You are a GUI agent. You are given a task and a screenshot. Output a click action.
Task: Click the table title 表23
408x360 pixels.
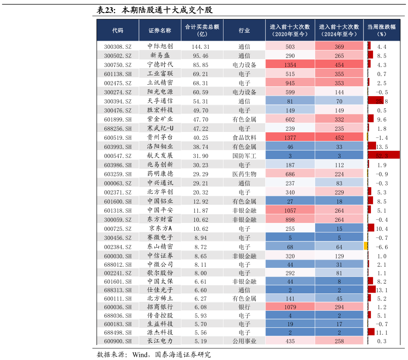coord(106,10)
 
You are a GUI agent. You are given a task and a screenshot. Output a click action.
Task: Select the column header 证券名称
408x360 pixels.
coord(160,30)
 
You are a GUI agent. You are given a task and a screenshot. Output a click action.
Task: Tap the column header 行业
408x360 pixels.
coord(244,30)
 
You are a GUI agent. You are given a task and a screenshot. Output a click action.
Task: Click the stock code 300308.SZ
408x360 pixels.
coord(118,47)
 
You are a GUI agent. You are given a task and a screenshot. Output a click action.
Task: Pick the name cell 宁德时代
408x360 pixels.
coord(160,65)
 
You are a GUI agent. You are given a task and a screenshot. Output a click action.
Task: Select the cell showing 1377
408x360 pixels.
coord(290,138)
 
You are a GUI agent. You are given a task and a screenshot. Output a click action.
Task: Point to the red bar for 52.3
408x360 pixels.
coord(384,156)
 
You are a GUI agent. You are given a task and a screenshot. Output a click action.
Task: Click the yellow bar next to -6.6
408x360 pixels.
coord(366,246)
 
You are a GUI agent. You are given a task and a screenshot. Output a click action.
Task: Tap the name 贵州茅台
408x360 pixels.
coord(160,137)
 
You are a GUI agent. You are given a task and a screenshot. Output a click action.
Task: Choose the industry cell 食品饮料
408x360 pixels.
coord(244,138)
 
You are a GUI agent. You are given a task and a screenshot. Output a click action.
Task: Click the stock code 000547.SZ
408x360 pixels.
coord(118,156)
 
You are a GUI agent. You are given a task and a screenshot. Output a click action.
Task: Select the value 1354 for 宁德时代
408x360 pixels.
coord(290,65)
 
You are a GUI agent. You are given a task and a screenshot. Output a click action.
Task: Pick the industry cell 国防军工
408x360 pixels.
coord(244,156)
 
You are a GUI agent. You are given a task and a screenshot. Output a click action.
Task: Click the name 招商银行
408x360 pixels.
coord(160,307)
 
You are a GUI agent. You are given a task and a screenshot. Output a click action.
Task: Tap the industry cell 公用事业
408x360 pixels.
coord(244,341)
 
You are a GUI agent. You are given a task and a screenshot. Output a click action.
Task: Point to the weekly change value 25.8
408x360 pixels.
coord(382,101)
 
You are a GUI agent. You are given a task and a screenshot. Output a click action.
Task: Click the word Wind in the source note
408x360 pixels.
coord(140,355)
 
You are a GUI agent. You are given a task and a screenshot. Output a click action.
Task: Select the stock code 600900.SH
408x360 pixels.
coord(118,341)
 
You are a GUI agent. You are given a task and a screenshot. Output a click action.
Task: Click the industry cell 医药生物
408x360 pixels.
coord(244,174)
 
